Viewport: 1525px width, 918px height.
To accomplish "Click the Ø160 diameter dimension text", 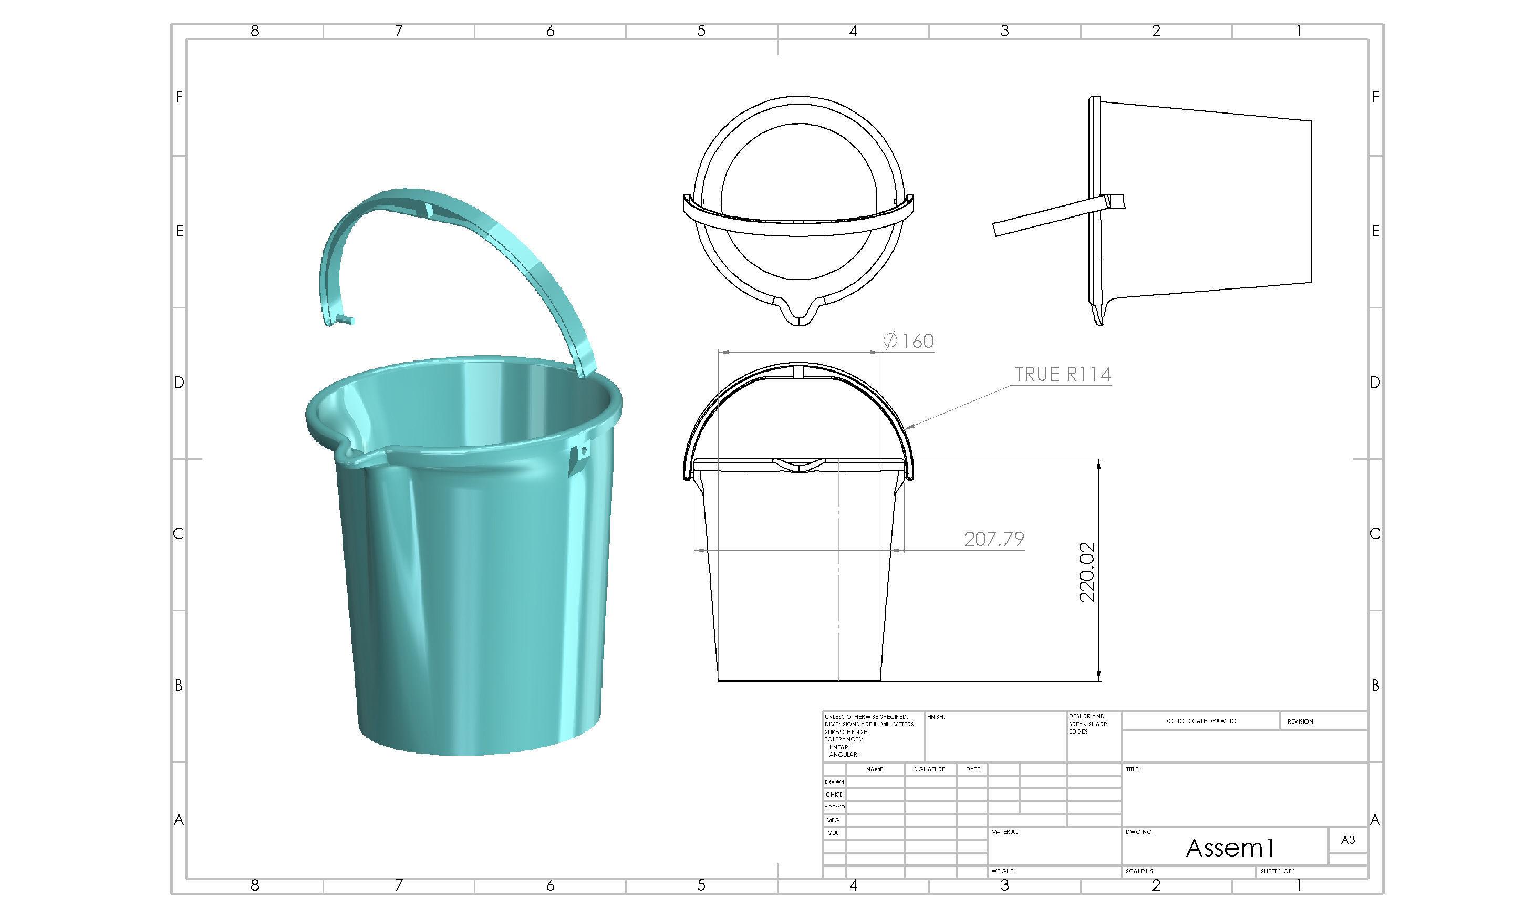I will coord(908,341).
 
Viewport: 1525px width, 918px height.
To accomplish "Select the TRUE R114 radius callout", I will coord(1062,374).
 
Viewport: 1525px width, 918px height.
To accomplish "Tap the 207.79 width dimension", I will coord(994,539).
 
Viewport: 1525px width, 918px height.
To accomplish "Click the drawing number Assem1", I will coord(1229,848).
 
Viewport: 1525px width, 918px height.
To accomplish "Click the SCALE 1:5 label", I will coord(1138,871).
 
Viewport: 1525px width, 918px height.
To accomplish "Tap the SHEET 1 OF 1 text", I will coord(1278,871).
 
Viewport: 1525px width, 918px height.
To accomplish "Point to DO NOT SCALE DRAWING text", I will coord(1199,720).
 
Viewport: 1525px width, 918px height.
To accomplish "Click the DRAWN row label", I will coord(834,782).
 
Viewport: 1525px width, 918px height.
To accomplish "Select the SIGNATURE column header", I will coord(929,769).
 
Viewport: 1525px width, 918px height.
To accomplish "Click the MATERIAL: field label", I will coord(1004,832).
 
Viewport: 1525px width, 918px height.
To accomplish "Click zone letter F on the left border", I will coord(179,97).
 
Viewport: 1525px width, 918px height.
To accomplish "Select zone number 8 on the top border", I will coord(255,31).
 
